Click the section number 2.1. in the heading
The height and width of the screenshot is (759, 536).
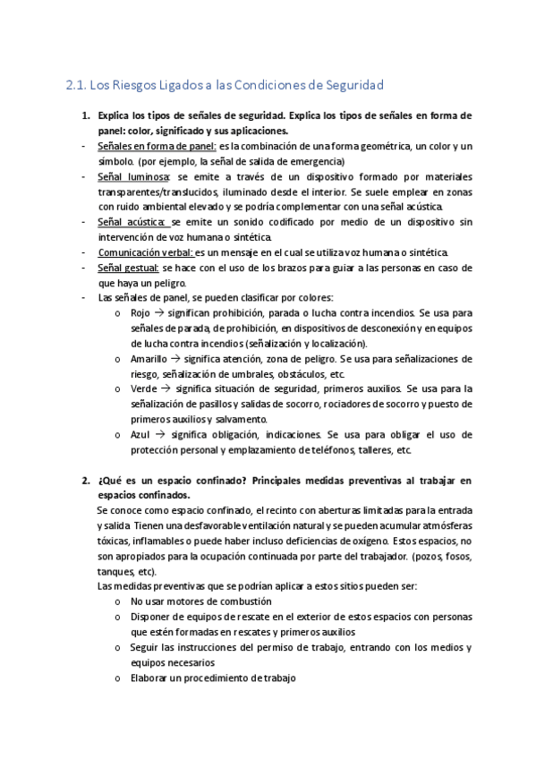pos(78,85)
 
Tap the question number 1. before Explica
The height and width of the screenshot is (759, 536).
pos(86,116)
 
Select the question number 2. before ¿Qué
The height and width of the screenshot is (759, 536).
pos(86,481)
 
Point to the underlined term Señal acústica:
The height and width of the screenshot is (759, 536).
pos(132,221)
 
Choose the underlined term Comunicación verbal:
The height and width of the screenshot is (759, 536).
pos(149,252)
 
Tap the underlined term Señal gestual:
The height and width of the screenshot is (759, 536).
pos(128,268)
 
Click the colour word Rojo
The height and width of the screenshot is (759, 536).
pos(140,313)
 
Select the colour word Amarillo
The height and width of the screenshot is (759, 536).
pos(149,358)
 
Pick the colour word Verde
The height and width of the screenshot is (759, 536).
pos(144,388)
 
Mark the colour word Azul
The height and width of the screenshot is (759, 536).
pos(141,434)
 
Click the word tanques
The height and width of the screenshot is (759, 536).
pos(115,571)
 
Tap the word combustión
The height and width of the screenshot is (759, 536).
pos(249,601)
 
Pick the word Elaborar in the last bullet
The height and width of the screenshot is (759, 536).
pos(149,678)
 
